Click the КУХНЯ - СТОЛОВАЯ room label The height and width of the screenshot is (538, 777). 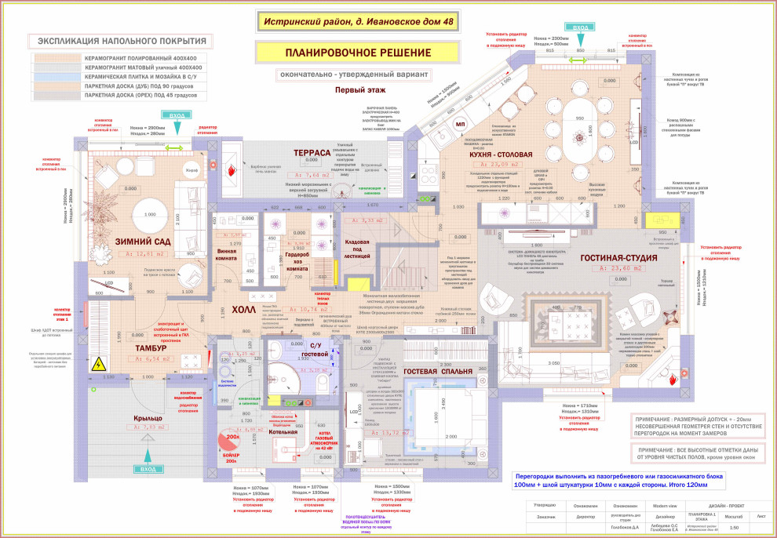(501, 154)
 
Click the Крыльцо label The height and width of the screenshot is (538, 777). (147, 420)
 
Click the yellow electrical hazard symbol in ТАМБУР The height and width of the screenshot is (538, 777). (100, 364)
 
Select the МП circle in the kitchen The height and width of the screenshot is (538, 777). (461, 124)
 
